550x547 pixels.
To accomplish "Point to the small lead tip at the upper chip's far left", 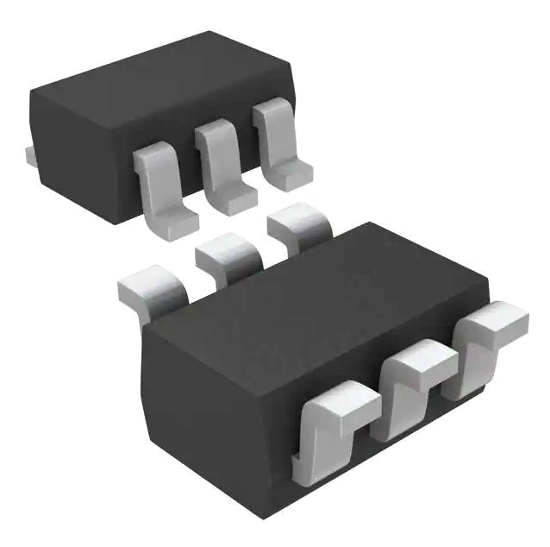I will (28, 156).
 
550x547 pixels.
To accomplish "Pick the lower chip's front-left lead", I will (332, 427).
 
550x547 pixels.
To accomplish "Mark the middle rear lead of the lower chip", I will (226, 254).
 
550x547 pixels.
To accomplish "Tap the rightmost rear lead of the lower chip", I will (297, 226).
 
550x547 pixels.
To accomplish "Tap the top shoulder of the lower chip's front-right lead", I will (500, 322).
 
